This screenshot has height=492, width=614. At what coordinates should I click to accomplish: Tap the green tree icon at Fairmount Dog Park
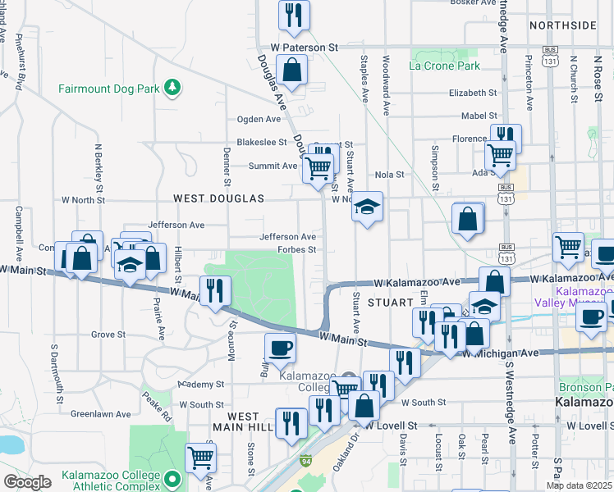(x=172, y=86)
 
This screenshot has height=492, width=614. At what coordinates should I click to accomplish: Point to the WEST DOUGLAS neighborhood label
(x=218, y=198)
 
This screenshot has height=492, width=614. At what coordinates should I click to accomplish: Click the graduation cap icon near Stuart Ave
(x=368, y=208)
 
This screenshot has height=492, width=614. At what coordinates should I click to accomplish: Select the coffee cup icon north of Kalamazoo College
(x=280, y=348)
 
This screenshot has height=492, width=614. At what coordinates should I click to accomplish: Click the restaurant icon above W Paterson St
(x=292, y=14)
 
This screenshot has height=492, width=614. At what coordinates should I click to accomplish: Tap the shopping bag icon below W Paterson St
(x=292, y=71)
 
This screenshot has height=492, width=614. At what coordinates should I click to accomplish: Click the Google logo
(x=26, y=482)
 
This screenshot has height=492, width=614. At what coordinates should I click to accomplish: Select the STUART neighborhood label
(x=389, y=303)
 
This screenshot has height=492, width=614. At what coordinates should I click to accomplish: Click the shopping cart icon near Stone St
(x=200, y=458)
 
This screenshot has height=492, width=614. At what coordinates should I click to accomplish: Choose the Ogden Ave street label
(x=259, y=119)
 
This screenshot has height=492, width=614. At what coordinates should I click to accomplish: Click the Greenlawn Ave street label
(x=97, y=414)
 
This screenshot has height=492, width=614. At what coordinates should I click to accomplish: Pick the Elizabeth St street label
(x=473, y=93)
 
